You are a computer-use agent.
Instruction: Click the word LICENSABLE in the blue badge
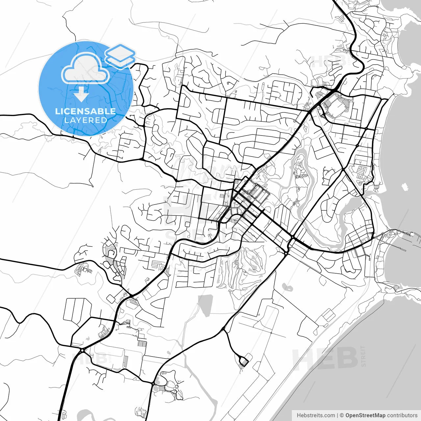tap(86, 111)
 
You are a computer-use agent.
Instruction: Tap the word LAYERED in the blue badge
tap(86, 120)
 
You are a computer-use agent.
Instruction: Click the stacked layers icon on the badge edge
tap(120, 56)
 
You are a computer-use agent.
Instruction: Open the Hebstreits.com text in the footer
tap(316, 415)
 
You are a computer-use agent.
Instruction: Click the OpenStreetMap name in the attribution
tap(365, 415)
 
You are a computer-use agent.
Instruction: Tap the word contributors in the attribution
tap(402, 415)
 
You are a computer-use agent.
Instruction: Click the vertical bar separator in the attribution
tap(337, 415)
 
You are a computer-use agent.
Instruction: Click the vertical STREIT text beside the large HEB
tap(363, 356)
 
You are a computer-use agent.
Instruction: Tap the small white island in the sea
tap(405, 187)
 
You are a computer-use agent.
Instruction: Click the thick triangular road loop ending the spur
tap(244, 361)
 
